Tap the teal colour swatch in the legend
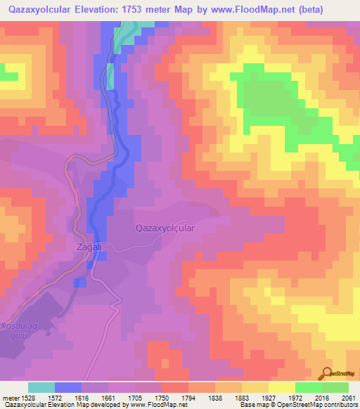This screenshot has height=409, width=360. point(41,387)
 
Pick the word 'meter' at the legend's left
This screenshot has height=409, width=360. point(11,398)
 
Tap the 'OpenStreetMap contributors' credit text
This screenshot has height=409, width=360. point(316,405)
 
